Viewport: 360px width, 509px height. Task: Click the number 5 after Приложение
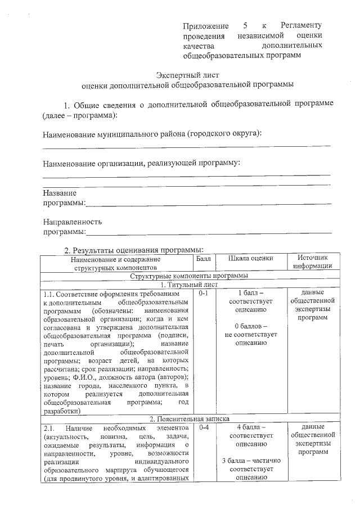click(x=245, y=26)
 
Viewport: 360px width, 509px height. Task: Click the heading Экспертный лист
click(x=187, y=74)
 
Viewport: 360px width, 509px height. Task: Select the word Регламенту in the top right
click(x=301, y=26)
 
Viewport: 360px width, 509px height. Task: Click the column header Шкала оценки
click(x=251, y=259)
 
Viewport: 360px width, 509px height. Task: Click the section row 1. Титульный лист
click(x=188, y=285)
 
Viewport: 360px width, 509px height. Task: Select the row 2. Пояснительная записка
click(x=188, y=419)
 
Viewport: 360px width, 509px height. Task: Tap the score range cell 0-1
click(x=203, y=294)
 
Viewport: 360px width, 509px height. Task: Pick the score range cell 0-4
click(x=203, y=427)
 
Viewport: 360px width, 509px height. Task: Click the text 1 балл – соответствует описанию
click(x=251, y=301)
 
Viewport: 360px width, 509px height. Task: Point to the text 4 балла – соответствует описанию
click(x=251, y=435)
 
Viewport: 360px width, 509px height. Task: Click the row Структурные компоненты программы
click(x=188, y=276)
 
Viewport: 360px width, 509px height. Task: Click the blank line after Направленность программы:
click(x=208, y=232)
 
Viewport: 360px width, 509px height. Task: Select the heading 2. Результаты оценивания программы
click(x=133, y=250)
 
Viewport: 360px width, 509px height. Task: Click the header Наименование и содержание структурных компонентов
click(x=116, y=263)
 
